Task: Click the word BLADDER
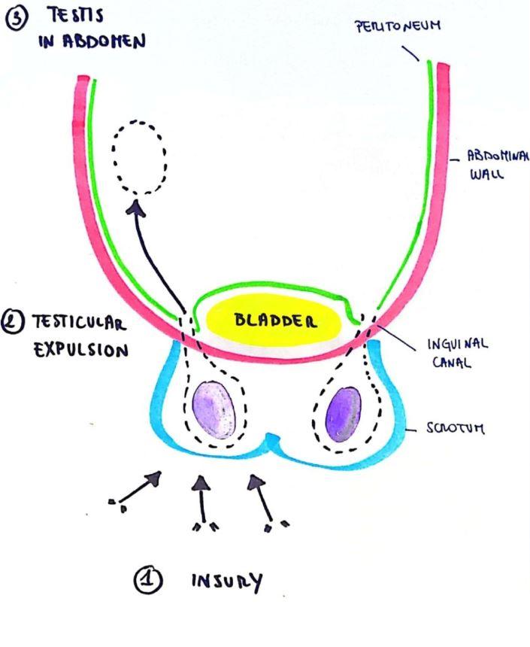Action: [x=275, y=320]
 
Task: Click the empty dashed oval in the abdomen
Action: [x=139, y=157]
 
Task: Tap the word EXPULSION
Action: [x=79, y=351]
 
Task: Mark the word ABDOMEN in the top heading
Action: [x=91, y=42]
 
